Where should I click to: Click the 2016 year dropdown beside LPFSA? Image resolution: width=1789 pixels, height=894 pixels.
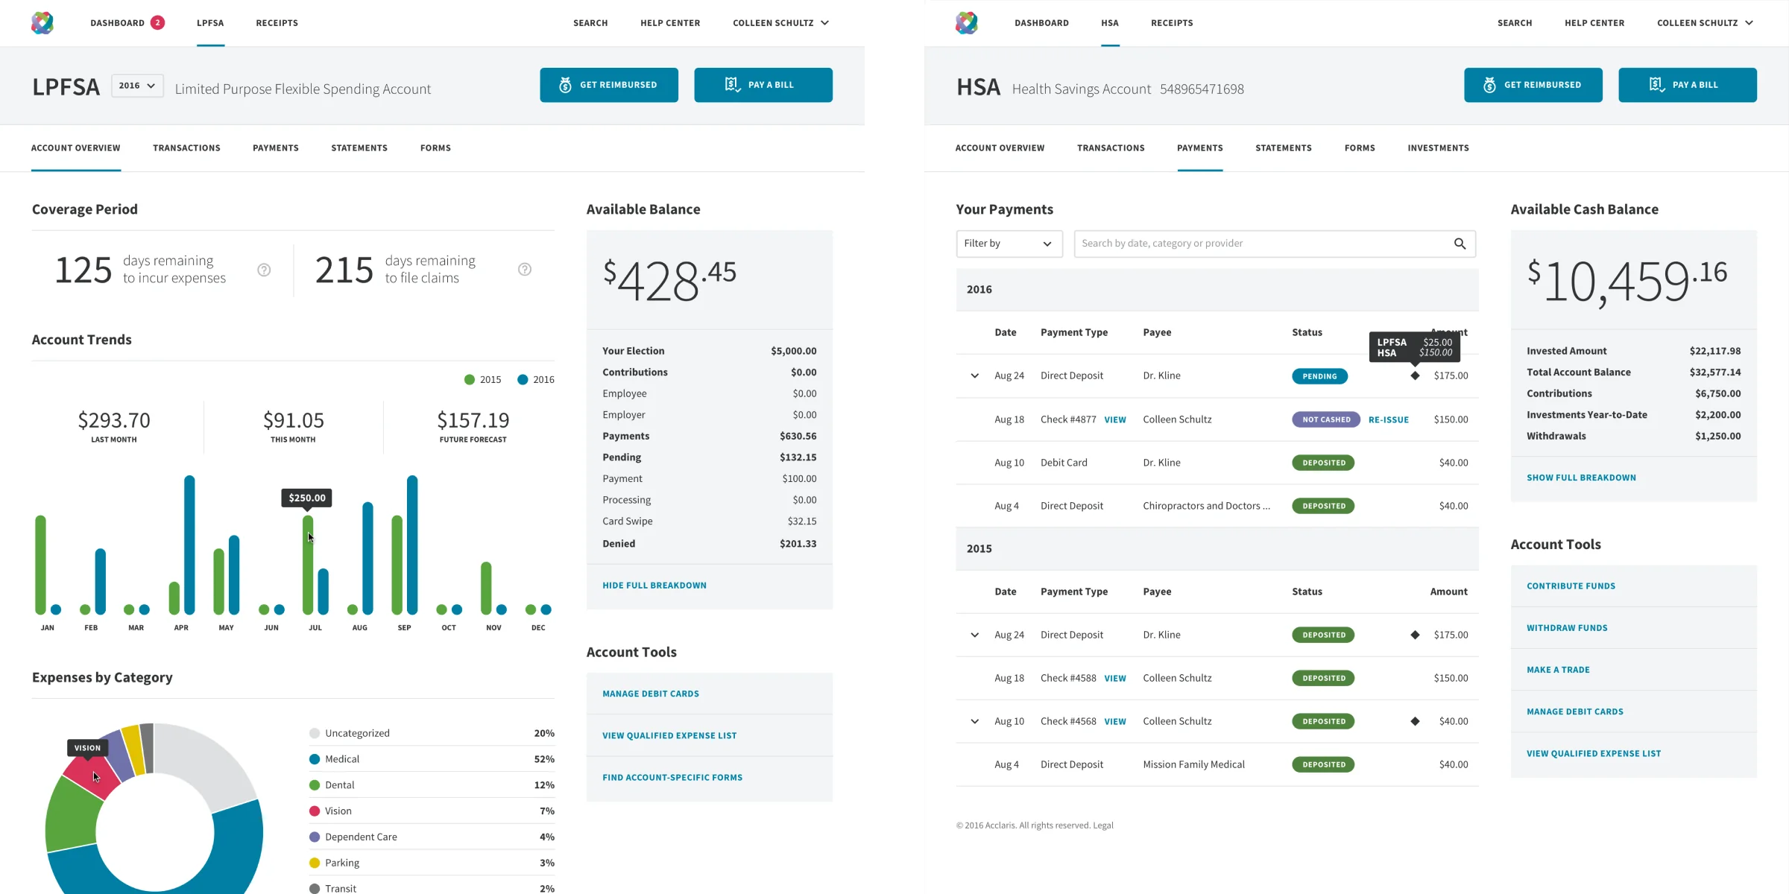(x=137, y=86)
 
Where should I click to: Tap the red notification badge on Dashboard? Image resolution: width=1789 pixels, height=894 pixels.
(x=157, y=22)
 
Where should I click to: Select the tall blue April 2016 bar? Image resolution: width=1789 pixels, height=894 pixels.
(x=189, y=544)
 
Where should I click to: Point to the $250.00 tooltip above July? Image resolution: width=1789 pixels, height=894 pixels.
(x=306, y=498)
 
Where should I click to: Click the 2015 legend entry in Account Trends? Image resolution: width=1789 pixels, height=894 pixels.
(x=483, y=379)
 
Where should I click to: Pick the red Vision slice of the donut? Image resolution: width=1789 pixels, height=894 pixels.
(x=89, y=779)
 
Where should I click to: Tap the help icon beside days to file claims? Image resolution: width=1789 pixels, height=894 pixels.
(x=525, y=270)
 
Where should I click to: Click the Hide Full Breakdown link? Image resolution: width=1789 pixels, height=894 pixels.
(x=654, y=586)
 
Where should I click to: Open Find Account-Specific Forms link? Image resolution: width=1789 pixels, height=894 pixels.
(x=672, y=778)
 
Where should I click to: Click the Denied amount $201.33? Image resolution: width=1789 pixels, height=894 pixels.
(x=798, y=544)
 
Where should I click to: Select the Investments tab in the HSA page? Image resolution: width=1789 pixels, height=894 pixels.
(x=1438, y=148)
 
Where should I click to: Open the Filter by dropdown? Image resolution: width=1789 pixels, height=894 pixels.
(x=1009, y=244)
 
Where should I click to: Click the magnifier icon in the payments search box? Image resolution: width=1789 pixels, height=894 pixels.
(x=1460, y=244)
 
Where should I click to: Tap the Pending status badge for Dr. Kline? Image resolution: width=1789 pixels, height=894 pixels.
(x=1319, y=376)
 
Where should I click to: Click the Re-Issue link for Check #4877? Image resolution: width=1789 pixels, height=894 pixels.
(x=1388, y=419)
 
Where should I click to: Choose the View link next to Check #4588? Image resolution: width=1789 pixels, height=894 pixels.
(x=1114, y=679)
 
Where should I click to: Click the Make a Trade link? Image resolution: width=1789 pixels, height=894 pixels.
(x=1558, y=670)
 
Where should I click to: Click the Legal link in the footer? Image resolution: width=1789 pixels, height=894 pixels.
(x=1102, y=825)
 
